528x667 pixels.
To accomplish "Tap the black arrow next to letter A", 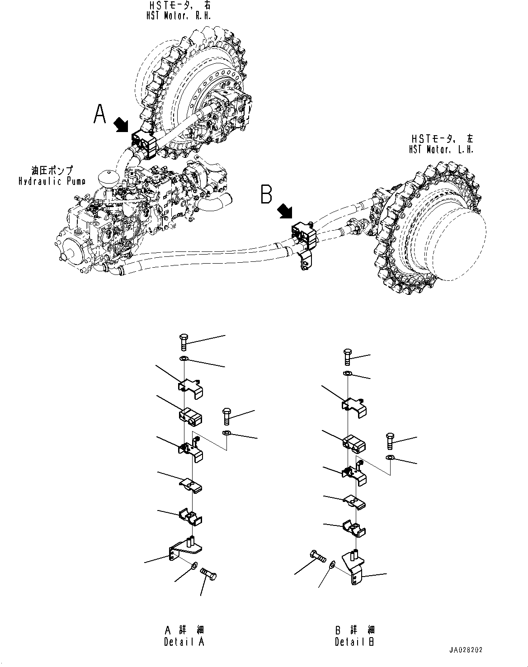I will (121, 124).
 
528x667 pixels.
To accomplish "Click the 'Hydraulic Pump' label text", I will (52, 181).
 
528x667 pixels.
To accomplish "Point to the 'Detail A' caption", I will (184, 642).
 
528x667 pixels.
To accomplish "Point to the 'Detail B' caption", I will (355, 642).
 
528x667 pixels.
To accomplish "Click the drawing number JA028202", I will (466, 650).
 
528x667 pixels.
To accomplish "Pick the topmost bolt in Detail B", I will (347, 356).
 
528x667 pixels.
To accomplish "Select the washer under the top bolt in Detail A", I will (184, 359).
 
